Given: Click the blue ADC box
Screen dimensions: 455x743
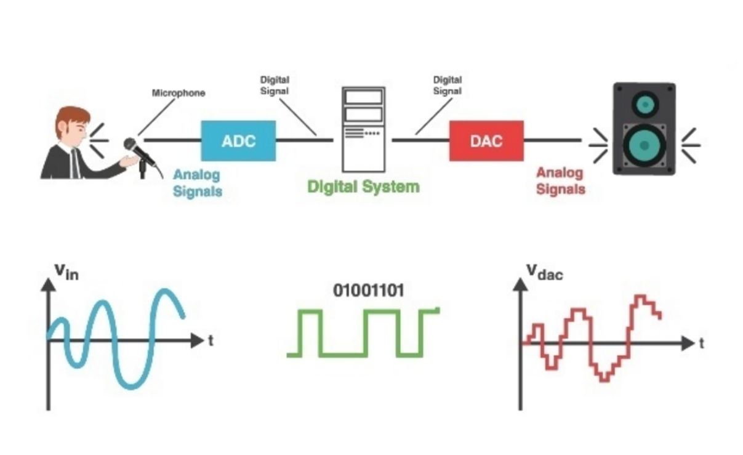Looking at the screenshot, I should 238,140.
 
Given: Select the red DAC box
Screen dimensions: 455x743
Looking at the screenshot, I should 486,140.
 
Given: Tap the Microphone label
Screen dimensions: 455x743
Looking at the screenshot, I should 179,94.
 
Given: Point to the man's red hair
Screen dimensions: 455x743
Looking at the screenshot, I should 71,116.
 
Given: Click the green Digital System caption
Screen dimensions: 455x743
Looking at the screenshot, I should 363,187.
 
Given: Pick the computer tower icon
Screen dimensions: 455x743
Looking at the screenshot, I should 364,129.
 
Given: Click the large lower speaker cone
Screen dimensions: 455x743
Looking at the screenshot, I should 644,145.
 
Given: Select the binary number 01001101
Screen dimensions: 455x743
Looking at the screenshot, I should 369,290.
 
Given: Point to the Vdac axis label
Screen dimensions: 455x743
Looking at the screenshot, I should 544,271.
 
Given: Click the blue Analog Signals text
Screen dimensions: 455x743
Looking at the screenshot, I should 197,182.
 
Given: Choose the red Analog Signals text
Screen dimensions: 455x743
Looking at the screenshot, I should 560,181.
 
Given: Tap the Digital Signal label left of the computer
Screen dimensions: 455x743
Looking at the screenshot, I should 275,85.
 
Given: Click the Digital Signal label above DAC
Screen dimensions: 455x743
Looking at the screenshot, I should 448,85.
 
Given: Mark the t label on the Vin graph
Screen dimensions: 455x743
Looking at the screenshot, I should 211,340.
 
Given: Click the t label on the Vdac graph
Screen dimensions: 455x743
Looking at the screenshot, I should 701,344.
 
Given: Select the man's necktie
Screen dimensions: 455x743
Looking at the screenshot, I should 75,163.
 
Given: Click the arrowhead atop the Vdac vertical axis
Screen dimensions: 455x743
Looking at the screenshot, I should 521,284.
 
